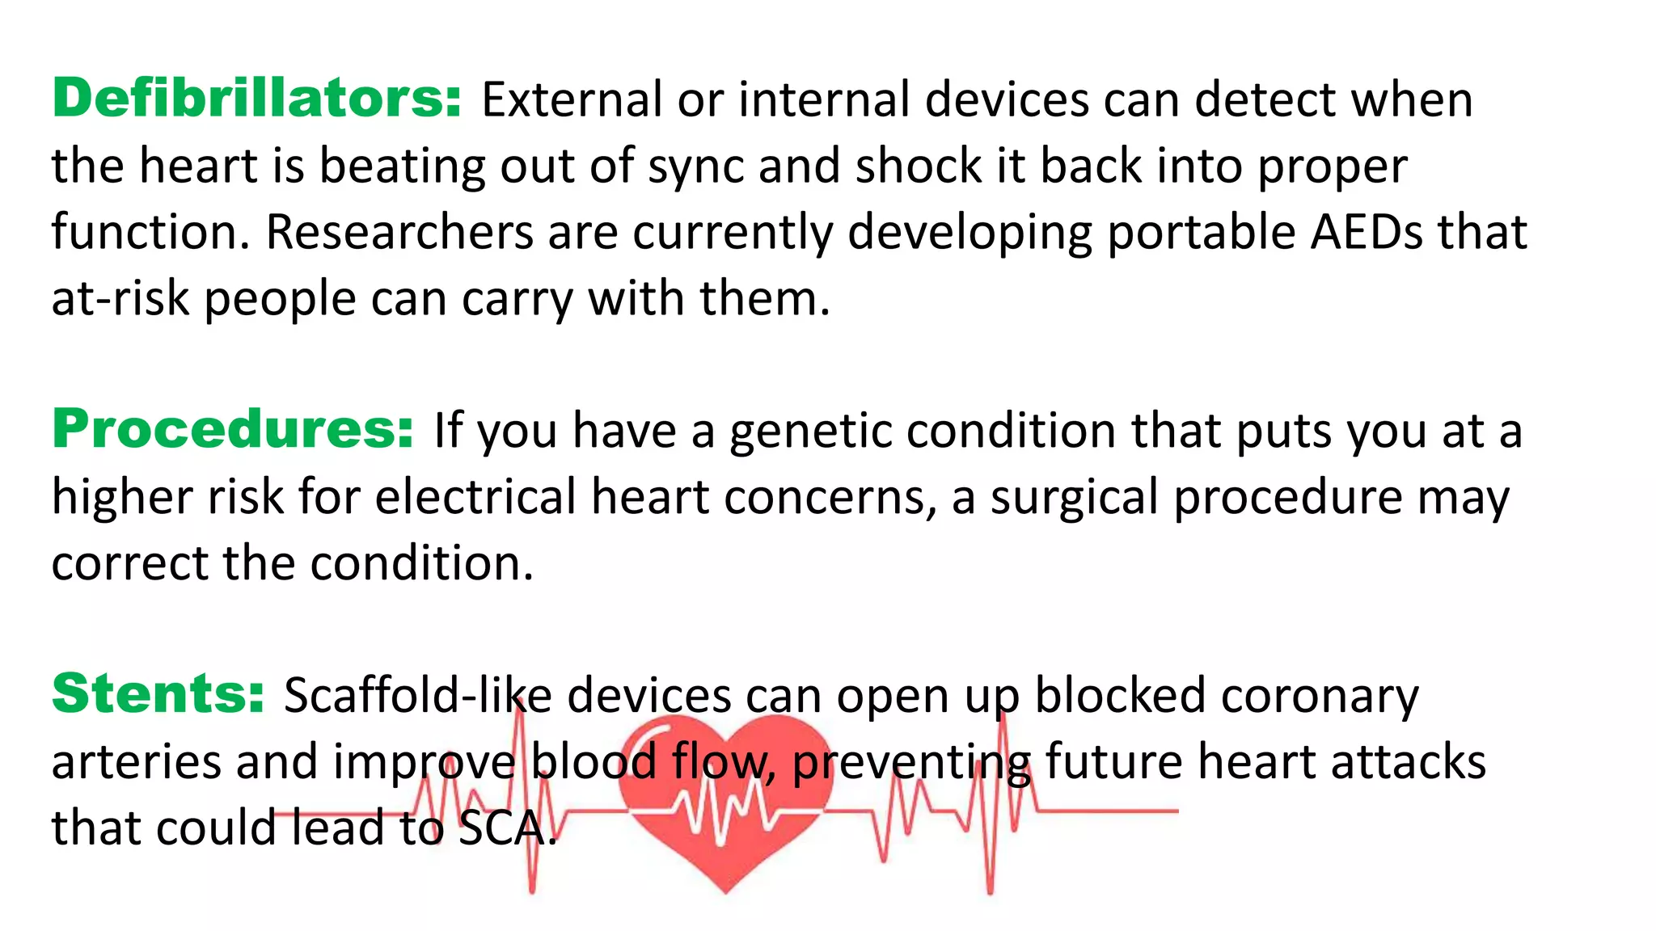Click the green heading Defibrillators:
coord(256,99)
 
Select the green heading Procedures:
coord(233,429)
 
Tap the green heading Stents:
coord(158,693)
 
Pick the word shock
coord(918,166)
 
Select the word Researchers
coord(399,233)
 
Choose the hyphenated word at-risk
coord(120,299)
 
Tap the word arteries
coord(136,763)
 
